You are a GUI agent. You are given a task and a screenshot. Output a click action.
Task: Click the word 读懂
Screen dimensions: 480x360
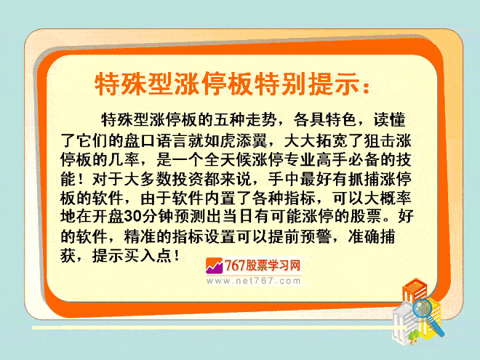pos(389,119)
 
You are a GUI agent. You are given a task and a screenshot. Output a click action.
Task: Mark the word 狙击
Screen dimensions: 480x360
pos(380,141)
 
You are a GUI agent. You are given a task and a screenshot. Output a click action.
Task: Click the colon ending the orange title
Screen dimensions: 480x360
pos(366,87)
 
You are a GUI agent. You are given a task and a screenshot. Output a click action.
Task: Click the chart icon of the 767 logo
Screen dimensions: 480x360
pos(214,265)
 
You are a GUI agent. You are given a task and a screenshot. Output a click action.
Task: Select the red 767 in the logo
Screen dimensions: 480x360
pos(235,265)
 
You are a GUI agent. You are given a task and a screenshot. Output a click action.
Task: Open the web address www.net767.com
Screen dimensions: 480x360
pos(254,281)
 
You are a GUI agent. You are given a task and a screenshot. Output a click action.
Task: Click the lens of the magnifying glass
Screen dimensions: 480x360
pos(423,308)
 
